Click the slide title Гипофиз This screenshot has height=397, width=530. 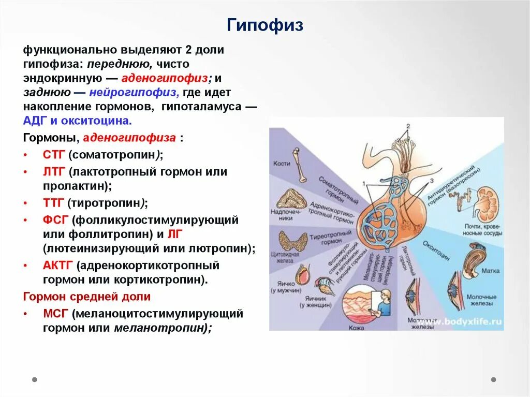[265, 25]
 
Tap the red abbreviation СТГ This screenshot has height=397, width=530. [53, 155]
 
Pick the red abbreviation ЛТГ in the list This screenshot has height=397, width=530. [53, 171]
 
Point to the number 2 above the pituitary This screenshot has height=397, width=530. [408, 126]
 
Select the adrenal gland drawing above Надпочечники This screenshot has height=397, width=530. [289, 199]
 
